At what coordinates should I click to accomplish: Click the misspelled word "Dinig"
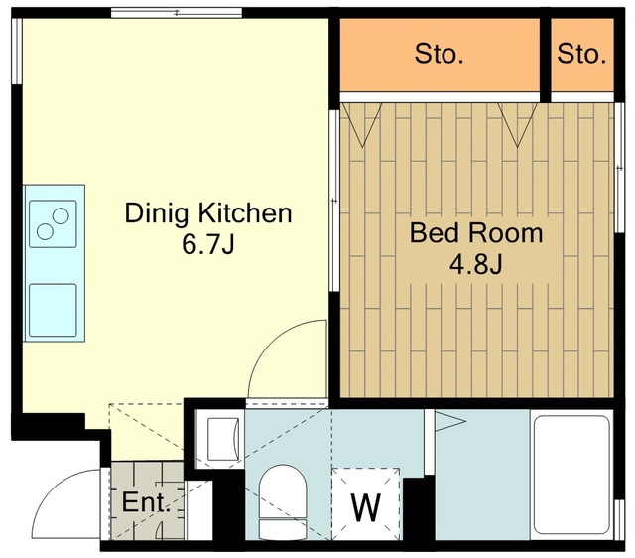[x=157, y=214]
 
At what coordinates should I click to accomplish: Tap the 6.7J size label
[x=208, y=244]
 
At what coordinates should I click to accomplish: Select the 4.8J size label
[x=476, y=264]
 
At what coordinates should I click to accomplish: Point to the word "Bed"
[x=436, y=233]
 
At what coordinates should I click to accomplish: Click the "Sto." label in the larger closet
[x=439, y=54]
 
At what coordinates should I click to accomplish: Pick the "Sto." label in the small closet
[x=581, y=54]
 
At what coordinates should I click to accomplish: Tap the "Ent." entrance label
[x=146, y=502]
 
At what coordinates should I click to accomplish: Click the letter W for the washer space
[x=366, y=508]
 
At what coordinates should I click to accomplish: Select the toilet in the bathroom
[x=283, y=502]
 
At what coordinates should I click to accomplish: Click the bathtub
[x=571, y=475]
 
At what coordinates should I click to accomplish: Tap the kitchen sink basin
[x=53, y=310]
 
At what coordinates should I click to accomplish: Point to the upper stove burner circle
[x=61, y=216]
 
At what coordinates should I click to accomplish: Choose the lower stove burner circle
[x=45, y=231]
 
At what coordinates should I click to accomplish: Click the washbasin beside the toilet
[x=222, y=439]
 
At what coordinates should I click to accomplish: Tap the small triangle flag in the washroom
[x=449, y=421]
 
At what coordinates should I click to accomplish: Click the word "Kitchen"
[x=245, y=213]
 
